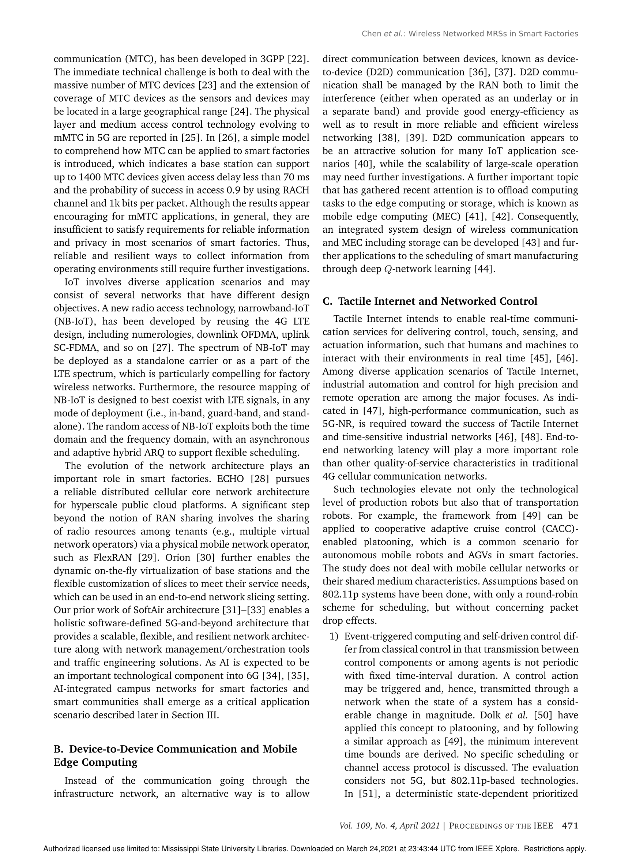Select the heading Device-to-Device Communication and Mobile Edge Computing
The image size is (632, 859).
(x=175, y=755)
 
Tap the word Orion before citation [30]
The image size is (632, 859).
(x=173, y=558)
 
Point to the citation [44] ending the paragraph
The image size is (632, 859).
(x=485, y=269)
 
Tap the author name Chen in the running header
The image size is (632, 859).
(x=371, y=34)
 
